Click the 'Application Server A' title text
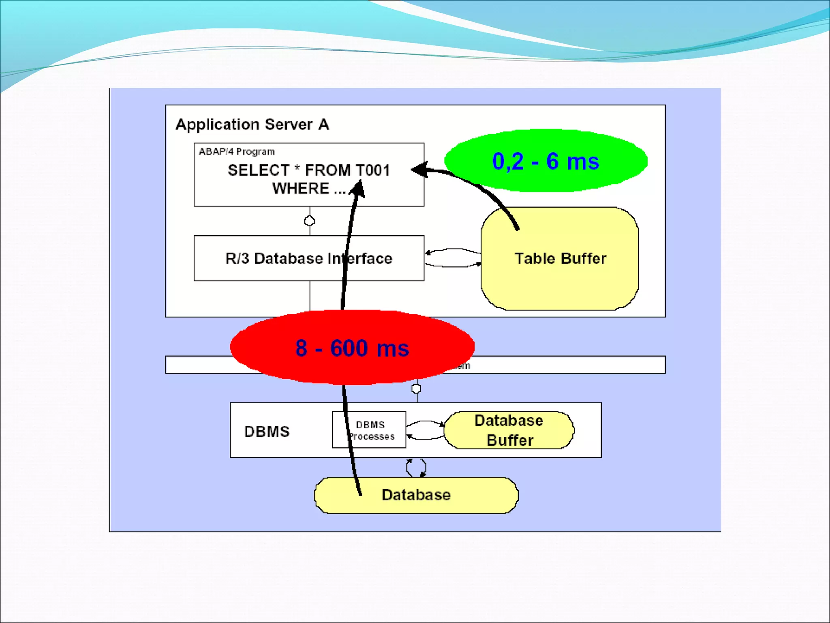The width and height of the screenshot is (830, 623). (x=252, y=124)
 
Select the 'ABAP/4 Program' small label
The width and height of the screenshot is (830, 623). (x=237, y=152)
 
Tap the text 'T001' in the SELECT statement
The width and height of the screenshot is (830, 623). (x=370, y=170)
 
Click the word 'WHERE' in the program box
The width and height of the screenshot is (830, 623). (x=300, y=189)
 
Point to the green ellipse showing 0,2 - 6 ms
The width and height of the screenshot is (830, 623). (x=545, y=161)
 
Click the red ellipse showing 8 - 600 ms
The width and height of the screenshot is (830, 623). (x=352, y=348)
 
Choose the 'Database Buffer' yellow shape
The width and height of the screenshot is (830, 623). (x=509, y=430)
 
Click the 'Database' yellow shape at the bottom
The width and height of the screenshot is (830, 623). (x=416, y=495)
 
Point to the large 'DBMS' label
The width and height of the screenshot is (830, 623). (x=267, y=432)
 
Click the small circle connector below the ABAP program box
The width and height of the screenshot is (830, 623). (x=310, y=221)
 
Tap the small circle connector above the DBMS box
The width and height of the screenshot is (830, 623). (x=416, y=389)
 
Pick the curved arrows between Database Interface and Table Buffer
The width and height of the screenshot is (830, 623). (x=453, y=258)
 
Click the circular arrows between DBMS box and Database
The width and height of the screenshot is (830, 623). (x=416, y=468)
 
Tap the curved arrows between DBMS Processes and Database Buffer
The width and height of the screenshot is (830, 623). (x=425, y=430)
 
